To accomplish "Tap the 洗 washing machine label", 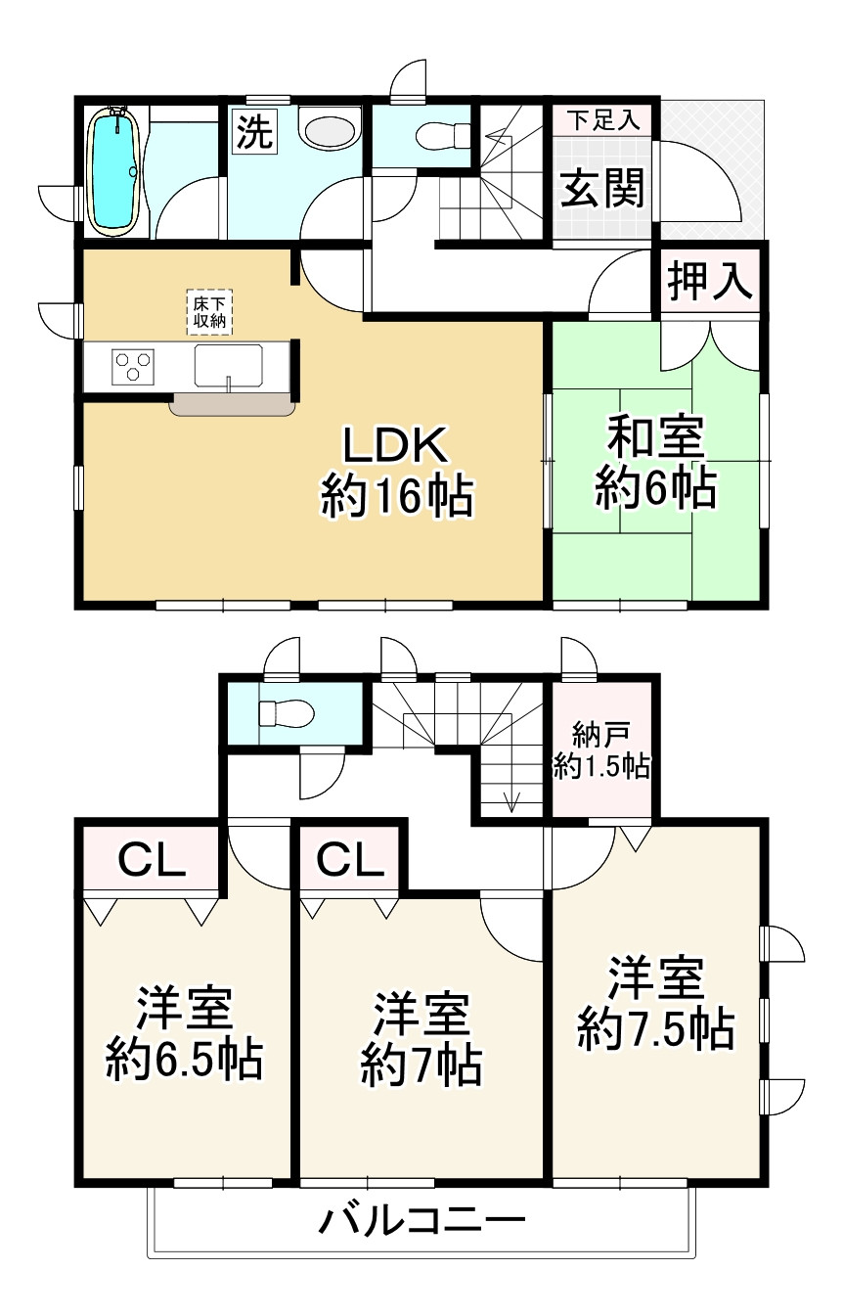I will pyautogui.click(x=252, y=133).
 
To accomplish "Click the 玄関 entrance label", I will pyautogui.click(x=601, y=187).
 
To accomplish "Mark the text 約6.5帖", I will pyautogui.click(x=184, y=1060).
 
